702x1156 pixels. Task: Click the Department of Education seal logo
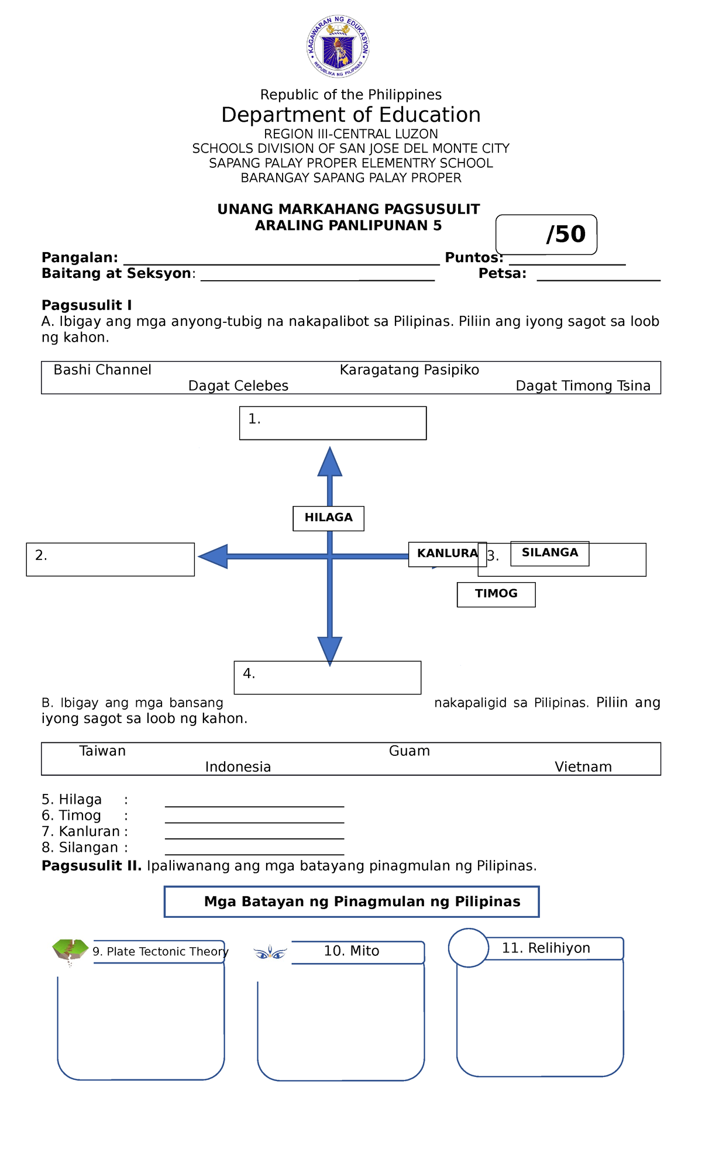[338, 47]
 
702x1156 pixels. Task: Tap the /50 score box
[546, 235]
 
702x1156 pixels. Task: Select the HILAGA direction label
[328, 518]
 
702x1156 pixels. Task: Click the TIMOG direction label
[496, 594]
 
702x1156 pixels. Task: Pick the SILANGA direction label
[549, 553]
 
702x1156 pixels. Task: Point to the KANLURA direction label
[447, 553]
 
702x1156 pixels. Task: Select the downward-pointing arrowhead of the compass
[330, 650]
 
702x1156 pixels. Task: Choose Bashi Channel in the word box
[102, 370]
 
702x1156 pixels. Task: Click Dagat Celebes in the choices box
[238, 386]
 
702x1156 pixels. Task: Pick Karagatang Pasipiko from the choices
[409, 370]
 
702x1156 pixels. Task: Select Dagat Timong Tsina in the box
[583, 386]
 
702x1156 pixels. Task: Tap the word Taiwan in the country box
[102, 751]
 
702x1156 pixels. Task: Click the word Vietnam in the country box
[583, 767]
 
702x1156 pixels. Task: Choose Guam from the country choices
[409, 751]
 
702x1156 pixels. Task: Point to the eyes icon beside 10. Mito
[270, 954]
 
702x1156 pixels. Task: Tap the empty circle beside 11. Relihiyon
[469, 948]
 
